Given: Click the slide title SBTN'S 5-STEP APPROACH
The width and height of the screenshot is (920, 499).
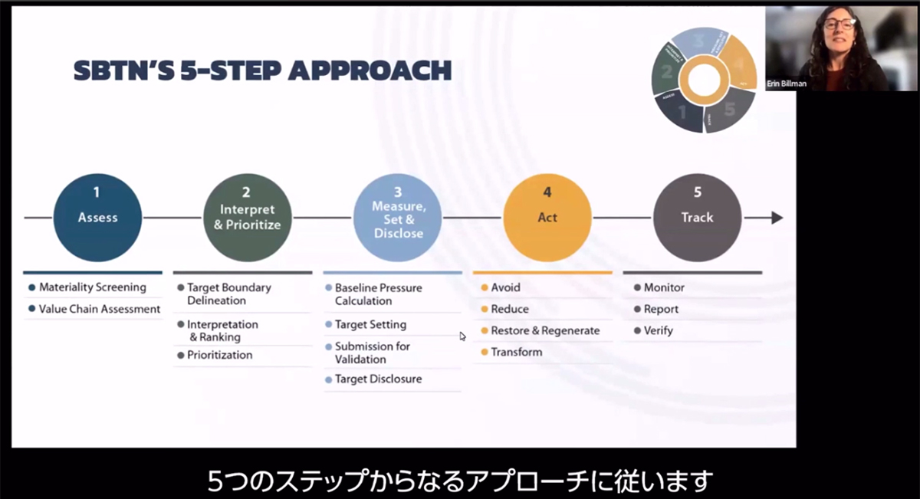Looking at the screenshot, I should (x=262, y=71).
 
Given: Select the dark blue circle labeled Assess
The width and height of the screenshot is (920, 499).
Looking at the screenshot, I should (x=97, y=218).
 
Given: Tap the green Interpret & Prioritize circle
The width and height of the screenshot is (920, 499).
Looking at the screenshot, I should (x=247, y=218).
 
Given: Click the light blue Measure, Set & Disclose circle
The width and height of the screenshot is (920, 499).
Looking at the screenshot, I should (x=397, y=218).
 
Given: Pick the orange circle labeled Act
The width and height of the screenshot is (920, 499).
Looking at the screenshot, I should (x=547, y=218).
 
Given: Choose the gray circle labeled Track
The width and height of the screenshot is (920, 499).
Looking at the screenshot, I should (x=697, y=218).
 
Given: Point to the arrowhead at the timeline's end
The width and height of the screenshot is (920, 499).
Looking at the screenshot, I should (x=776, y=218).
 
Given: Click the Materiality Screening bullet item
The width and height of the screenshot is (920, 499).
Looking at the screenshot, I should (x=92, y=287).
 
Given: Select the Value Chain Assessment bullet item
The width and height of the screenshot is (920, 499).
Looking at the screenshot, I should (x=100, y=309).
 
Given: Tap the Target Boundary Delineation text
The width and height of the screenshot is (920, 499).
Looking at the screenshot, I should (x=228, y=294).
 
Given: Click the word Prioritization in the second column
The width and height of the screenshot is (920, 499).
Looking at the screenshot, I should (x=219, y=355).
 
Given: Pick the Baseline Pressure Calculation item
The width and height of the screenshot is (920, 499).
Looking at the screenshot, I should (x=378, y=294).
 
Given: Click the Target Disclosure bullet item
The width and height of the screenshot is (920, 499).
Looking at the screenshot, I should (x=378, y=379).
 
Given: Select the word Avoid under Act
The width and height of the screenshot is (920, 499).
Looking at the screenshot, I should (x=505, y=287).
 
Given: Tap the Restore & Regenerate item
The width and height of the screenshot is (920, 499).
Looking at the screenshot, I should (x=545, y=330).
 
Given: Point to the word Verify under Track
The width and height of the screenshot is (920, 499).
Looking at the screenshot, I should (x=658, y=330).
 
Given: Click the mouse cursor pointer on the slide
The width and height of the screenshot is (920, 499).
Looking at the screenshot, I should (x=462, y=336).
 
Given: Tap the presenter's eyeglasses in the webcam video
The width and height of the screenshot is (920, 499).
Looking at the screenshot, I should (x=840, y=25).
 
